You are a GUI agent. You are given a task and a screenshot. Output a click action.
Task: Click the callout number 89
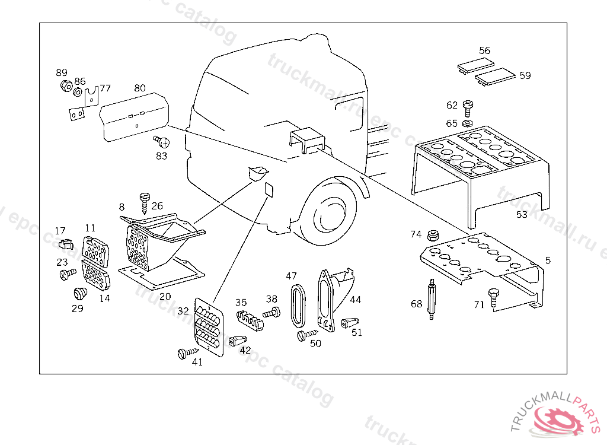click(62, 72)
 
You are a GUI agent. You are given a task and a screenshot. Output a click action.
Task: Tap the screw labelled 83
click(162, 142)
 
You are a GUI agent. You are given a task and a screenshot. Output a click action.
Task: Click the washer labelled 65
click(467, 123)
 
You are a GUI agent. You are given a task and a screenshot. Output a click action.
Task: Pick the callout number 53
click(522, 214)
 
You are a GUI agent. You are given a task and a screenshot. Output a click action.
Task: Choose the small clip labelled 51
click(350, 322)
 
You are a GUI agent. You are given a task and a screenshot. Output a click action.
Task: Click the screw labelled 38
click(273, 312)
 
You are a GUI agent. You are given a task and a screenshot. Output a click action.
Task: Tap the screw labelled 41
click(184, 353)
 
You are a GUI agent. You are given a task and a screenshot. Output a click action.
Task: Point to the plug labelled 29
click(78, 293)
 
